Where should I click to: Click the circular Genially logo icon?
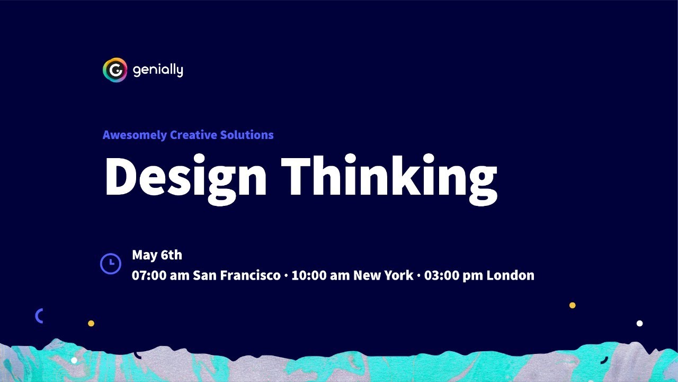pyautogui.click(x=115, y=70)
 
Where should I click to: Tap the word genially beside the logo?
pyautogui.click(x=158, y=70)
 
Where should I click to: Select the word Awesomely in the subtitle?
pyautogui.click(x=135, y=135)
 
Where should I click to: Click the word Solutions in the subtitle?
pyautogui.click(x=248, y=135)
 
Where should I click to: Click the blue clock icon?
pyautogui.click(x=110, y=264)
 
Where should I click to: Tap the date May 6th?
pyautogui.click(x=157, y=255)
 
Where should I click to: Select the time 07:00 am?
pyautogui.click(x=160, y=276)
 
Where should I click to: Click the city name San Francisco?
pyautogui.click(x=237, y=276)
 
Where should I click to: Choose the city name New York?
pyautogui.click(x=383, y=276)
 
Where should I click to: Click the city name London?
pyautogui.click(x=511, y=276)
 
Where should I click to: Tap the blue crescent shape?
pyautogui.click(x=39, y=316)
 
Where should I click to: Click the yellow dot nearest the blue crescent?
pyautogui.click(x=91, y=323)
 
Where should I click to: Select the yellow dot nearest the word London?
pyautogui.click(x=572, y=305)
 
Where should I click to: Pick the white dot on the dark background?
pyautogui.click(x=639, y=324)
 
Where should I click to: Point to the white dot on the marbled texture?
pyautogui.click(x=74, y=360)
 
